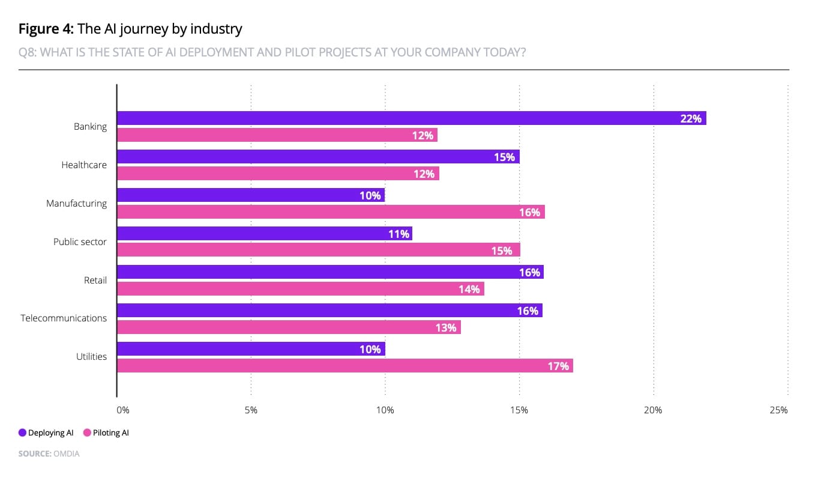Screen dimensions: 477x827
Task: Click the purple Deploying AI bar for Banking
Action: [x=411, y=118]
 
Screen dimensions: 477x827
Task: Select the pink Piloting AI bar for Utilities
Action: [x=344, y=365]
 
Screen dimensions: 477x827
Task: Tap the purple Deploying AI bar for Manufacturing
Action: [x=250, y=195]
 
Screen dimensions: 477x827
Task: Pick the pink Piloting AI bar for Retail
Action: [x=300, y=289]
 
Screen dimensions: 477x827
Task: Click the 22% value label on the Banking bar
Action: [x=691, y=119]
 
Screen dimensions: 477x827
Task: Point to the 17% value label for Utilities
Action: [x=558, y=366]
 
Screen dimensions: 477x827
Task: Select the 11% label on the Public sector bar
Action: [x=398, y=234]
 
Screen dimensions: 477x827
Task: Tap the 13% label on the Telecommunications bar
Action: [x=447, y=327]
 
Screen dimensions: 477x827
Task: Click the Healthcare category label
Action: [x=84, y=165]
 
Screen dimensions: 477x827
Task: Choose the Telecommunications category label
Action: [x=64, y=318]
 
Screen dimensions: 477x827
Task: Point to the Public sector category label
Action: [x=80, y=242]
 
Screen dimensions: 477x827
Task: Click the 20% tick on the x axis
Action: [x=653, y=410]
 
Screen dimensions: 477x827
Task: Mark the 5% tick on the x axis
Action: [x=251, y=410]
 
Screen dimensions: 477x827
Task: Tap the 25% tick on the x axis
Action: [x=778, y=410]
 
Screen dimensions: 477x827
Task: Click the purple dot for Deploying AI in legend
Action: [x=22, y=433]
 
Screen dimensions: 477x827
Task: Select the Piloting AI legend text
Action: [x=110, y=433]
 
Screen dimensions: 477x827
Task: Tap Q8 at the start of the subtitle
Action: [x=27, y=52]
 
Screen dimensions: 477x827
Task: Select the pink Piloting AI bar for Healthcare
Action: [x=278, y=174]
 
